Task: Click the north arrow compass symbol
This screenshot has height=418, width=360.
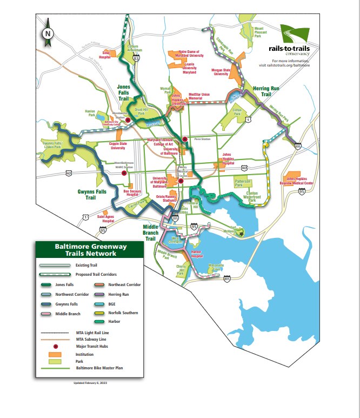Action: [x=48, y=32]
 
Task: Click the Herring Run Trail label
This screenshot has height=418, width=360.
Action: [x=261, y=91]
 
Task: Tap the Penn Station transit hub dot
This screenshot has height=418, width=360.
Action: [x=185, y=139]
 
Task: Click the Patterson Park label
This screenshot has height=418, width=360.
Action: [x=243, y=183]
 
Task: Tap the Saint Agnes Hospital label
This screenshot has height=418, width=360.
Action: [x=105, y=218]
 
